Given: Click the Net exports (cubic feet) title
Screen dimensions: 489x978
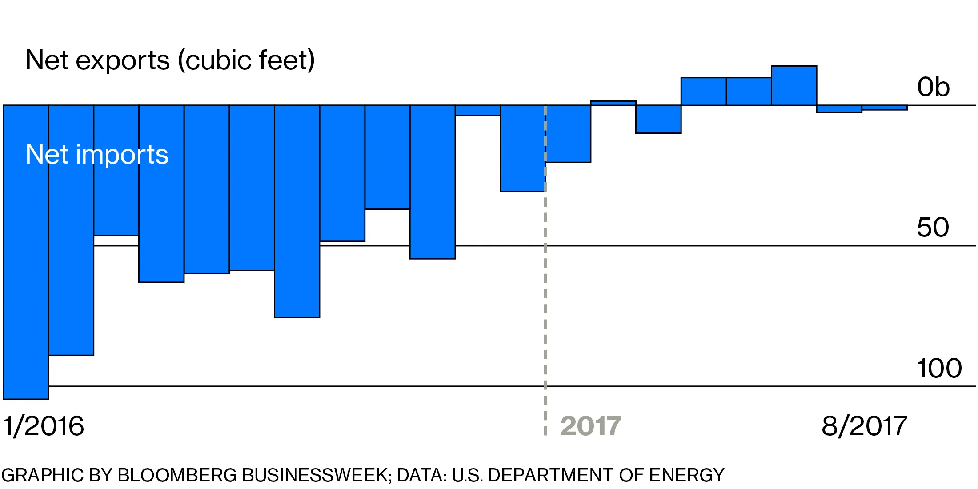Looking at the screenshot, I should coord(170,60).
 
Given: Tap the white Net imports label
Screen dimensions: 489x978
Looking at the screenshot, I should coord(97,155).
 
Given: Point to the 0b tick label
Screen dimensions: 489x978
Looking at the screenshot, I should coord(933,87).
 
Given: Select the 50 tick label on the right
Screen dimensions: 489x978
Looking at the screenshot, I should coord(933,228).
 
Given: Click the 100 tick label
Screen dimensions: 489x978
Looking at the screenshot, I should coord(939,368).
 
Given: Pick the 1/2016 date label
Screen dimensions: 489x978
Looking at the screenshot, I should coord(44,426).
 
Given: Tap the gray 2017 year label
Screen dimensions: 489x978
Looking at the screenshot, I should coord(591,426).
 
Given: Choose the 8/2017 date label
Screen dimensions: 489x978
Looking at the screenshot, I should coord(864,426).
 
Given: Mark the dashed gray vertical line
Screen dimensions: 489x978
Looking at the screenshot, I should coord(545,311).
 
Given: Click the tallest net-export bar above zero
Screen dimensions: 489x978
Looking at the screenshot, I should coord(794,86).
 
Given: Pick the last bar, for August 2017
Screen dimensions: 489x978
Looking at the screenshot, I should coord(885,108).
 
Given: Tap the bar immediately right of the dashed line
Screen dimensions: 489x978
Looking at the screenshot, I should coord(568,134).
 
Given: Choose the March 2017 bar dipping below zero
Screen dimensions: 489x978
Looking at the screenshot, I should coord(658,119).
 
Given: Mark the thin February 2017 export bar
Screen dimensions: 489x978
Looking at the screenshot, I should coord(613,103).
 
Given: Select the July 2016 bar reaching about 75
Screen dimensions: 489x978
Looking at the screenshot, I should coord(297,211).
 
